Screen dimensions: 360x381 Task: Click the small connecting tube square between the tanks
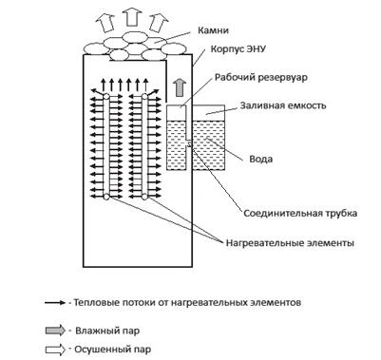tap(190, 143)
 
